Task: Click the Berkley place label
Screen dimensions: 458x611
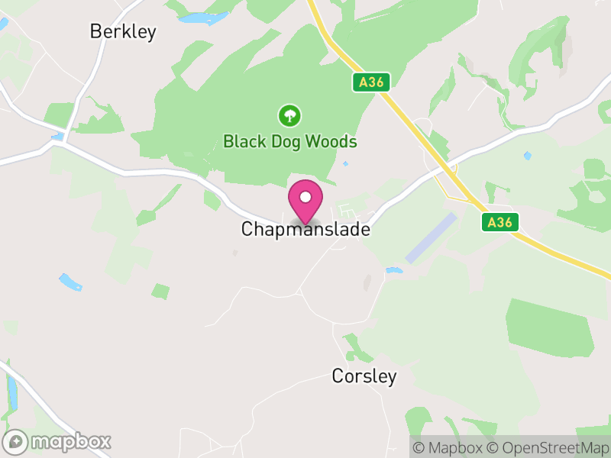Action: coord(123,31)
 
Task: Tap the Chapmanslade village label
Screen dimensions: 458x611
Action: coord(305,229)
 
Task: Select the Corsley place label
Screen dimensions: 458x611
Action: coord(364,376)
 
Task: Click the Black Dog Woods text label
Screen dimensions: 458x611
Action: coord(289,142)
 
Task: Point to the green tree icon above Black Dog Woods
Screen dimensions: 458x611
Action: coord(289,116)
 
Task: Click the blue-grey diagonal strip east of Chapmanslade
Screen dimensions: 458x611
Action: coord(432,238)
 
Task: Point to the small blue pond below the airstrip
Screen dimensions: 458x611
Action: coord(394,270)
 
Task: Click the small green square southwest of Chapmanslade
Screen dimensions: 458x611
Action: coord(160,291)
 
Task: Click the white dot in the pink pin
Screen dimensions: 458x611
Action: coord(305,197)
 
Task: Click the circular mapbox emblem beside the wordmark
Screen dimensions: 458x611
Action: coord(16,441)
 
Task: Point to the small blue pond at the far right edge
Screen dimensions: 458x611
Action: coord(528,156)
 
